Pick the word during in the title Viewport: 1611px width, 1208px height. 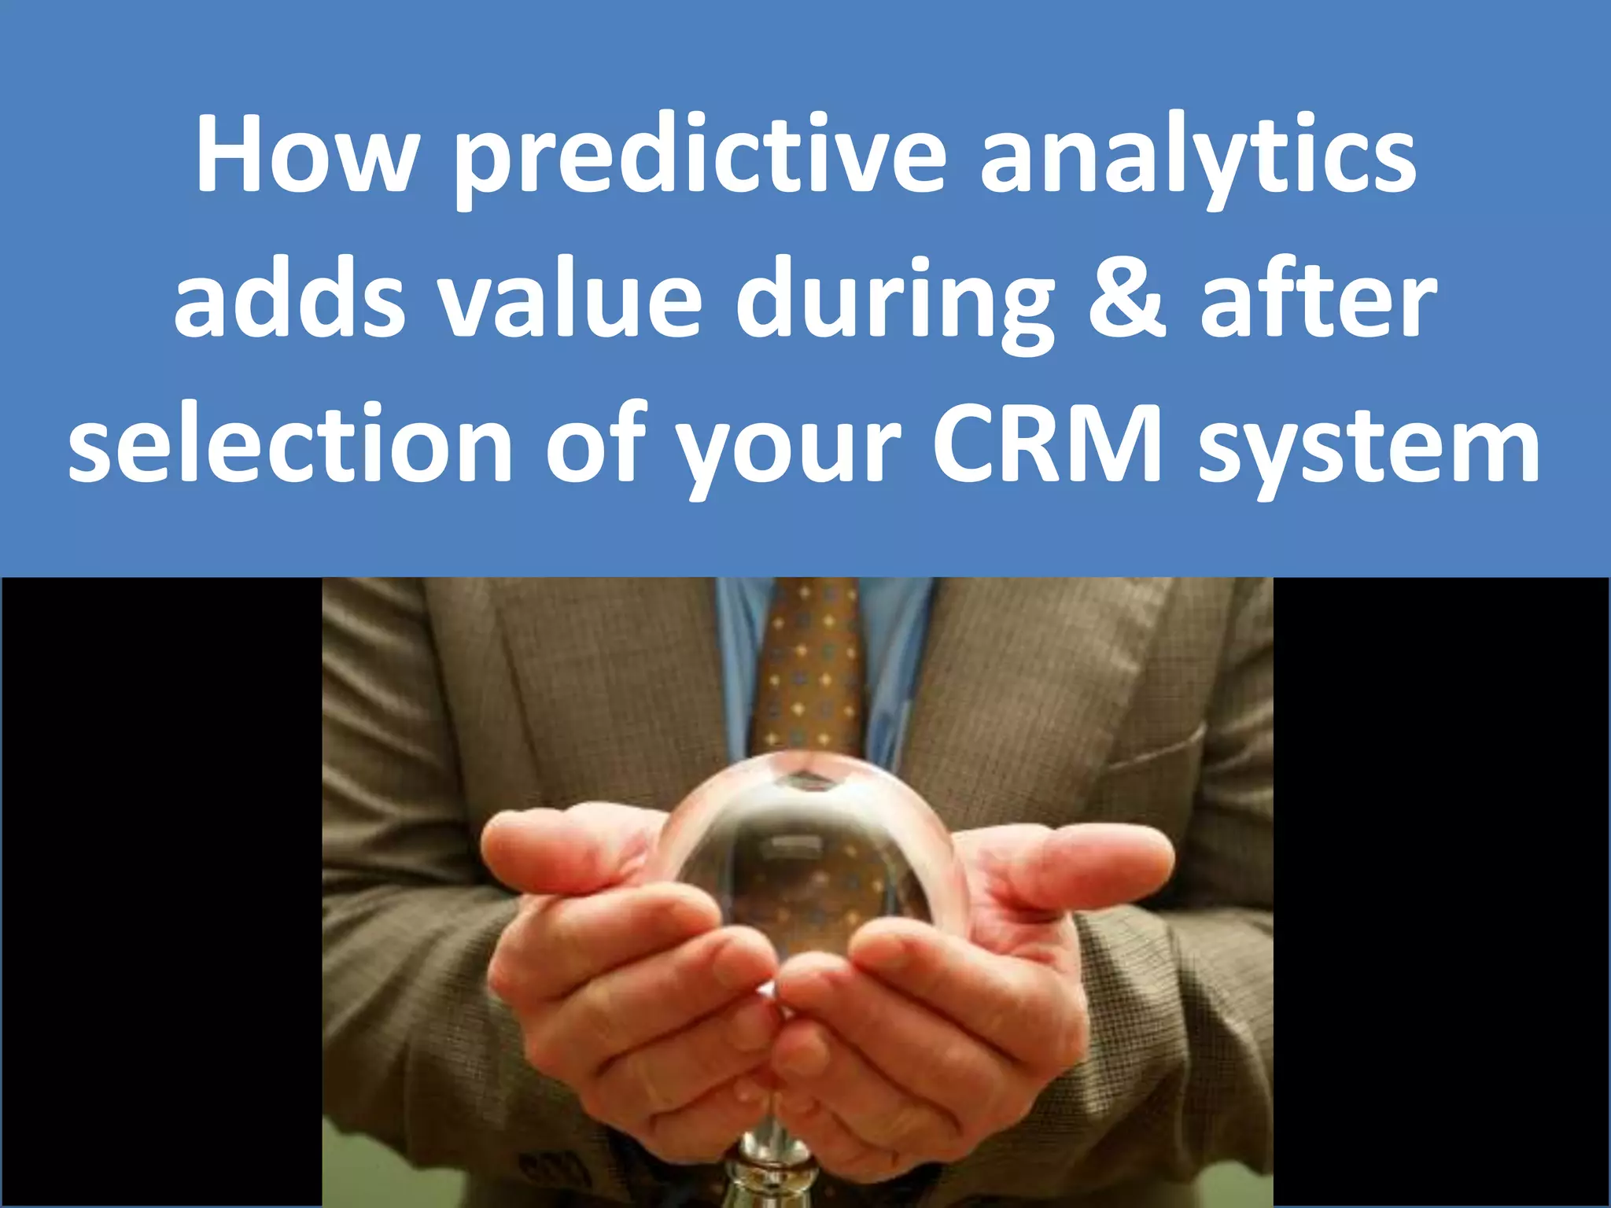894,303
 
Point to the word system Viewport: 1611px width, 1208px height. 1369,448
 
